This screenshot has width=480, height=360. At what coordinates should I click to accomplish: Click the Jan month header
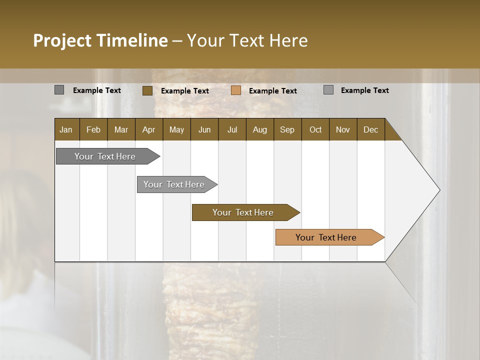click(x=66, y=129)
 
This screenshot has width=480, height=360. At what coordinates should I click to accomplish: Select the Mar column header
click(x=121, y=129)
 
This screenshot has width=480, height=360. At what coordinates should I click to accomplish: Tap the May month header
click(x=176, y=129)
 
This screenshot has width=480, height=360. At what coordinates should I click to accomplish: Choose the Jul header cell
click(x=232, y=129)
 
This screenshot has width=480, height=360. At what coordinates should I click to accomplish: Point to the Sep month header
click(x=287, y=129)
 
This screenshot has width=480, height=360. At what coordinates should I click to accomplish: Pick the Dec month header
click(x=370, y=129)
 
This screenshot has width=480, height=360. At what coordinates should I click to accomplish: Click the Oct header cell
click(x=315, y=129)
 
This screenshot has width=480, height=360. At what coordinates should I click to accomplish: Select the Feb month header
click(x=93, y=129)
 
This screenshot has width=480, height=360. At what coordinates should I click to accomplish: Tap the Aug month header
click(x=259, y=129)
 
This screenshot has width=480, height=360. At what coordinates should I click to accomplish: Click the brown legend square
click(x=147, y=90)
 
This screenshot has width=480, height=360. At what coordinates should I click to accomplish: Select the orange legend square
click(x=236, y=90)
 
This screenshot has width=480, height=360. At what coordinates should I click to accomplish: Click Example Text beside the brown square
click(x=185, y=91)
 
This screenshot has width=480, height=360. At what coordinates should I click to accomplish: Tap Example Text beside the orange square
click(x=273, y=91)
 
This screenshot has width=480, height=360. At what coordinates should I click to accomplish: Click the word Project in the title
click(x=62, y=40)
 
